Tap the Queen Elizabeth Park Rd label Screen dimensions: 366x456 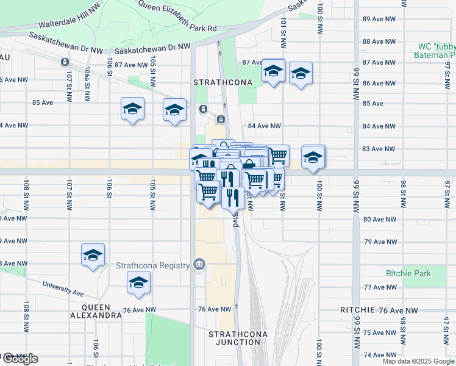coord(178,16)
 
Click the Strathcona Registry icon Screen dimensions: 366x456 coord(199,264)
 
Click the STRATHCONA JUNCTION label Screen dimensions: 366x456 coord(234,338)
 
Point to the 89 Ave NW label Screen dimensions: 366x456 coord(379,19)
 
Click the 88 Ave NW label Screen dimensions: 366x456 coord(379,41)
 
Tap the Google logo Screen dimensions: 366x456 coord(20,359)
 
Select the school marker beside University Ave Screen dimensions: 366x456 coord(139,284)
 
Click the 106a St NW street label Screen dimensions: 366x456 coord(88,78)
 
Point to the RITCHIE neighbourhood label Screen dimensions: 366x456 coord(358,310)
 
